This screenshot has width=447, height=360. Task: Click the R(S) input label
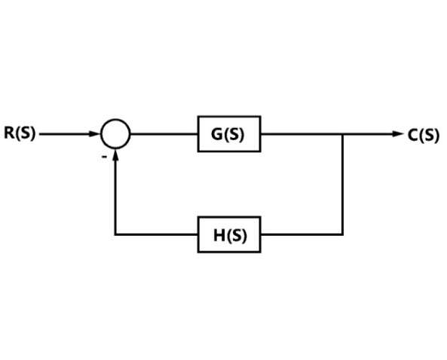[20, 133]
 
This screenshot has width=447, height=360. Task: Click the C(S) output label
[424, 135]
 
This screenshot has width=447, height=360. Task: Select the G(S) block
[229, 134]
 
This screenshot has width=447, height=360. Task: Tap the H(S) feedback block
[229, 235]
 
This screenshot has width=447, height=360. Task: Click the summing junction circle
[115, 119]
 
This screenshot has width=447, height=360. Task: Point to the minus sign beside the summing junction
[105, 157]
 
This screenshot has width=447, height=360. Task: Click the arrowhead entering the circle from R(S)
[95, 134]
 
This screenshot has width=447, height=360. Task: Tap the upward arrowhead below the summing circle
[115, 154]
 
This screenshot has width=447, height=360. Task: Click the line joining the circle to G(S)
[164, 134]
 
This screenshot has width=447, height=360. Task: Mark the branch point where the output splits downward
[343, 134]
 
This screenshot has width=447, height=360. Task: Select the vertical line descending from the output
[343, 185]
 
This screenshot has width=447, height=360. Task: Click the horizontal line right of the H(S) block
[302, 235]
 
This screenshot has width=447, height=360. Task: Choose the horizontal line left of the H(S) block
[156, 235]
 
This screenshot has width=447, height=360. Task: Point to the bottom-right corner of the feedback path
[343, 235]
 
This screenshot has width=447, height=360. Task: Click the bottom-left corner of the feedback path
[115, 235]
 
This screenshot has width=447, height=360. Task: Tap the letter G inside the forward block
[216, 134]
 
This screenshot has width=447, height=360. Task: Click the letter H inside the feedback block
[219, 235]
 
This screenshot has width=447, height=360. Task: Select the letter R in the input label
[9, 133]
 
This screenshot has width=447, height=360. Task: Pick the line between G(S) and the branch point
[302, 134]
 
